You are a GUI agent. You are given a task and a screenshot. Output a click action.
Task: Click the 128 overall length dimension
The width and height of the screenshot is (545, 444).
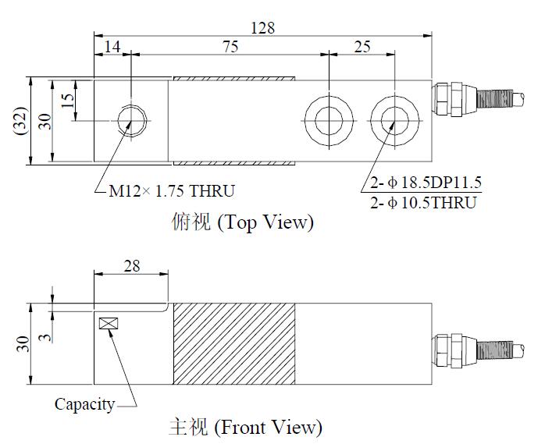click(262, 27)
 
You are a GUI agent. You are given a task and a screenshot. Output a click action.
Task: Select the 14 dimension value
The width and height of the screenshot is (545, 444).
click(112, 47)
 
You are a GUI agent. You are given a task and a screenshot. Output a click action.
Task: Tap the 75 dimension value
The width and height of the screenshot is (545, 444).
click(230, 47)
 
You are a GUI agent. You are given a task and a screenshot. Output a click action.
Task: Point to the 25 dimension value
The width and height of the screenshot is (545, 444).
click(362, 47)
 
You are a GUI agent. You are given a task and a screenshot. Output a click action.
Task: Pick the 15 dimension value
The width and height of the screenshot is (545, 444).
click(68, 101)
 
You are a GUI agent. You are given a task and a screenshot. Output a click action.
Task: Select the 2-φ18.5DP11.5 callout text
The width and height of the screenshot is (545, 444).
click(426, 184)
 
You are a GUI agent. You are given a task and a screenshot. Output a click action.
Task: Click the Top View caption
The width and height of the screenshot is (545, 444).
click(242, 222)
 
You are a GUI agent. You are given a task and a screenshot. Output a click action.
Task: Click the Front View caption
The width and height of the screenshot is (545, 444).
click(245, 428)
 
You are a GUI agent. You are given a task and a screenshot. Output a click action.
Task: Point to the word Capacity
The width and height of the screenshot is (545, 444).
click(84, 404)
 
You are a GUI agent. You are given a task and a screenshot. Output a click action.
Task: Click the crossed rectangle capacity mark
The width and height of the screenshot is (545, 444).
click(108, 323)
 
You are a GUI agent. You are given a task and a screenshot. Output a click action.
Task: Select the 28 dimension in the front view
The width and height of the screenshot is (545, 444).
click(131, 265)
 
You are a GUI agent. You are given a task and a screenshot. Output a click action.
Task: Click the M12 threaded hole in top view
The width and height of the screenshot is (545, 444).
click(131, 120)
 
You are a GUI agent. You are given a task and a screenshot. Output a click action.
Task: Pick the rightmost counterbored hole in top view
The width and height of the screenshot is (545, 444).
click(391, 120)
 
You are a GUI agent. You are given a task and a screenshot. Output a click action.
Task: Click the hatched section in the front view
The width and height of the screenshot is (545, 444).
click(233, 344)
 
